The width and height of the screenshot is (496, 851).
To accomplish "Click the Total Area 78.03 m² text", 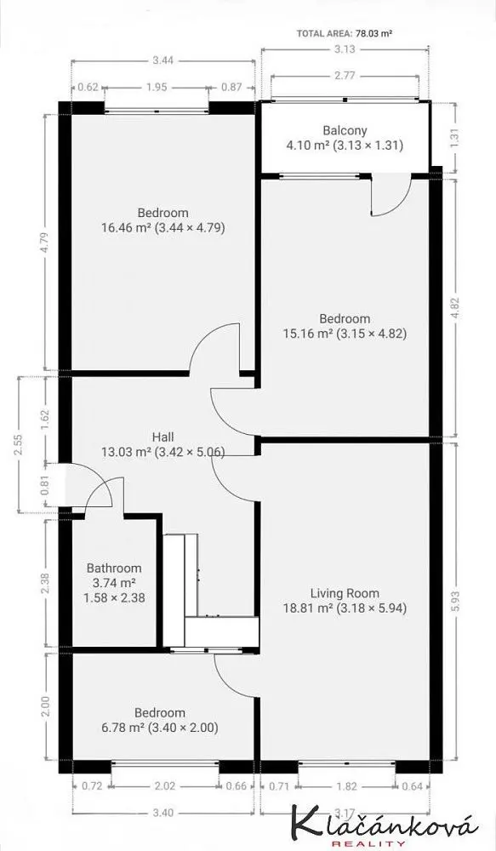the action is [x=345, y=33].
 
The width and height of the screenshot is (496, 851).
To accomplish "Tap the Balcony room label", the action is [x=345, y=130].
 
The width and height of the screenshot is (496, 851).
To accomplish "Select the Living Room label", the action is [x=345, y=593].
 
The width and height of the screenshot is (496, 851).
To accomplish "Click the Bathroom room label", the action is [x=114, y=568].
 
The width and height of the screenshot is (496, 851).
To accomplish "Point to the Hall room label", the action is [x=163, y=437].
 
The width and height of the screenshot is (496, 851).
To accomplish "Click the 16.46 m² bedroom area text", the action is [x=126, y=227].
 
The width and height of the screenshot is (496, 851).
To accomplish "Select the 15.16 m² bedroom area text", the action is [x=308, y=334].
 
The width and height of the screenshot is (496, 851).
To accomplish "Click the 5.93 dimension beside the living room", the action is [x=455, y=602].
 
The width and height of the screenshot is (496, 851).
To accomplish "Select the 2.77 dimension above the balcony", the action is [x=345, y=76].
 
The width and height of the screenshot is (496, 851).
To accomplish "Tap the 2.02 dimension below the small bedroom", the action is [x=165, y=785].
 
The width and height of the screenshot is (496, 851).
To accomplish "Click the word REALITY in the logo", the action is [x=368, y=842].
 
